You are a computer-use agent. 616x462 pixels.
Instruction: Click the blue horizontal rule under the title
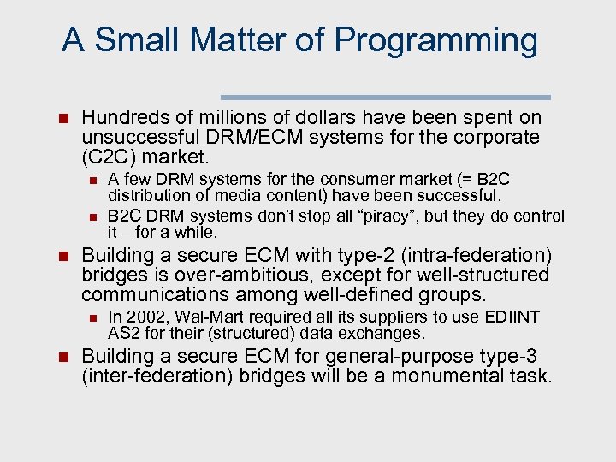click(x=386, y=98)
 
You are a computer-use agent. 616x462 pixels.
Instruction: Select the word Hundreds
click(x=119, y=118)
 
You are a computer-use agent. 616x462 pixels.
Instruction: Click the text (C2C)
click(x=109, y=157)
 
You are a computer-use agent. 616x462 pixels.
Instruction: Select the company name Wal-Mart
click(x=205, y=317)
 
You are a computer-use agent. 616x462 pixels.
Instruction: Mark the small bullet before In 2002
click(x=93, y=318)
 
